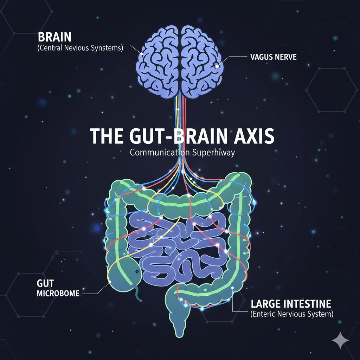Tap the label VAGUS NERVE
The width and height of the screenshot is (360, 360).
pyautogui.click(x=274, y=57)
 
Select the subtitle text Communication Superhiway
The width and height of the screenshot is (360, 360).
pyautogui.click(x=182, y=153)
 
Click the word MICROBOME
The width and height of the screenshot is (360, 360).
pyautogui.click(x=58, y=293)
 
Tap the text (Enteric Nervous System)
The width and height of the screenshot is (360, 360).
pyautogui.click(x=292, y=314)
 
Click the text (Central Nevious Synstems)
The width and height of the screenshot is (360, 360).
pyautogui.click(x=80, y=48)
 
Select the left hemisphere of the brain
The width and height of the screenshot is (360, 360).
pyautogui.click(x=158, y=62)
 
